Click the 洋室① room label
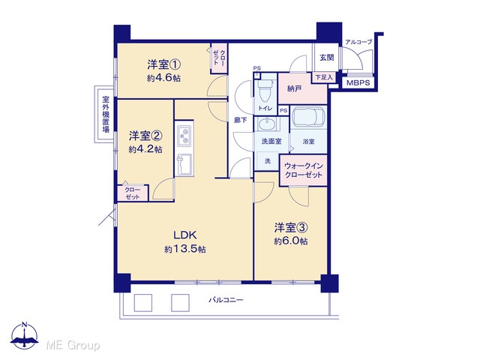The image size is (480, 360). tap(163, 64)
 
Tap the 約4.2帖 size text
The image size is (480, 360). tap(145, 149)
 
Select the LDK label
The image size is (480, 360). tap(185, 235)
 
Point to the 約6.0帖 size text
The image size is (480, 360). tap(291, 241)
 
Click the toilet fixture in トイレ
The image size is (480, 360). tap(265, 90)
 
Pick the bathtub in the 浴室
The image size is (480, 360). tap(308, 116)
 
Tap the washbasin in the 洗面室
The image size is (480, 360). tap(267, 124)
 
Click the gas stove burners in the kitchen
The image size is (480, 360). tap(184, 136)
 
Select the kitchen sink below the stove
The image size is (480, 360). tap(184, 163)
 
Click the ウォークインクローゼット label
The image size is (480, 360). tap(303, 170)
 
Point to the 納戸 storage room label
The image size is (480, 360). tap(294, 88)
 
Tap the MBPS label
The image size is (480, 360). tap(358, 82)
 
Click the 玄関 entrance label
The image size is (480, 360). tap(327, 57)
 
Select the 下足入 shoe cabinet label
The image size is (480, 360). tap(324, 77)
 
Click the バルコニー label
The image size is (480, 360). tap(226, 300)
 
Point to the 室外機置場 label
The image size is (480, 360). tap(106, 114)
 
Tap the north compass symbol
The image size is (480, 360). tap(24, 336)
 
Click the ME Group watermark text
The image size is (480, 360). tap(73, 346)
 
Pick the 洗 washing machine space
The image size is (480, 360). tap(267, 160)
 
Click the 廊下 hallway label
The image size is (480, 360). tap(240, 120)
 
